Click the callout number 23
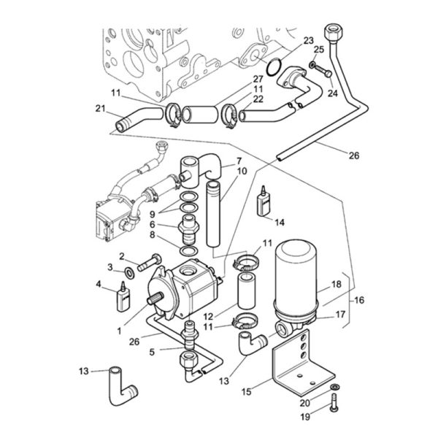click(308, 41)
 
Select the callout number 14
click(280, 223)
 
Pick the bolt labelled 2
click(150, 263)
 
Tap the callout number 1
click(120, 331)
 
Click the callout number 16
click(359, 300)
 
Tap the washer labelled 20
click(334, 387)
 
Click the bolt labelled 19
click(334, 402)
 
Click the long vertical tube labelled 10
click(213, 214)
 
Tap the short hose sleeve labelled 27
click(200, 115)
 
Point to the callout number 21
click(100, 108)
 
